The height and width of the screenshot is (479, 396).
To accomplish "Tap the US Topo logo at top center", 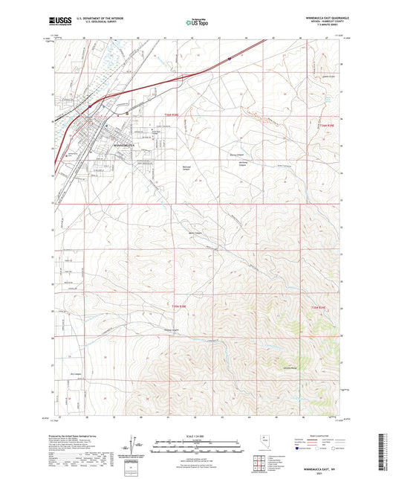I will tap(197, 23).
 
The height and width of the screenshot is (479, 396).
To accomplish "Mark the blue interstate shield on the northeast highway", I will tap(231, 57).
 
